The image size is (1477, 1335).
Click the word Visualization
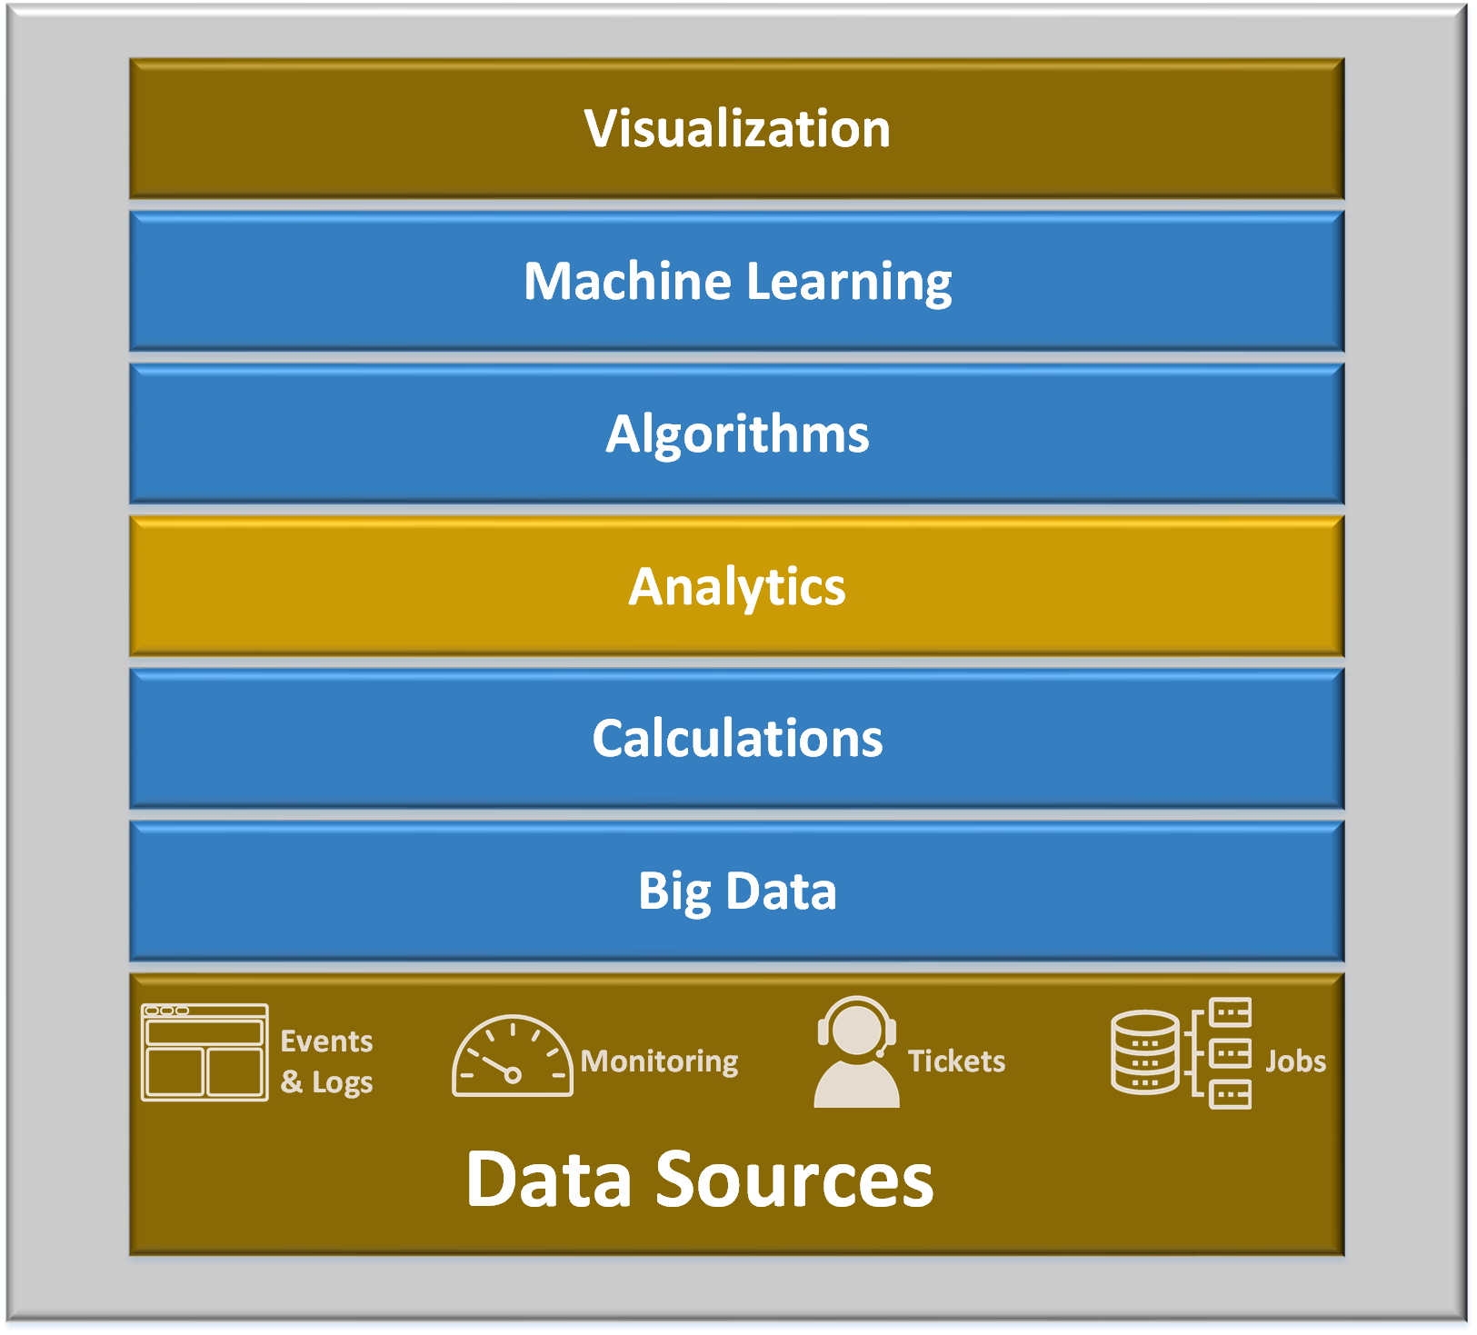(737, 128)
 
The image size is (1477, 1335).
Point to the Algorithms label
(737, 434)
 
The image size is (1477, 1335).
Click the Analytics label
(737, 587)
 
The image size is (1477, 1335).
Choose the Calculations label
(737, 738)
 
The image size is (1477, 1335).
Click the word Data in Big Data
(781, 891)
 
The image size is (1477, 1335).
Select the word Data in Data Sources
(549, 1180)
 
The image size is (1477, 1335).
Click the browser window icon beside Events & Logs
(205, 1052)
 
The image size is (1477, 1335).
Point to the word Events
(326, 1041)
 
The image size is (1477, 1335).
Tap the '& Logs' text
(326, 1082)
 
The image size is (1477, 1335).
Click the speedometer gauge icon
(512, 1056)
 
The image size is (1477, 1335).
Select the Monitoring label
(660, 1061)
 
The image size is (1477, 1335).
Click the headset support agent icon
(856, 1052)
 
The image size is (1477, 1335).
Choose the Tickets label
(956, 1061)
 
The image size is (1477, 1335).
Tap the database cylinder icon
(1144, 1052)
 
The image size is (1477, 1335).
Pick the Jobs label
(1295, 1061)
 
